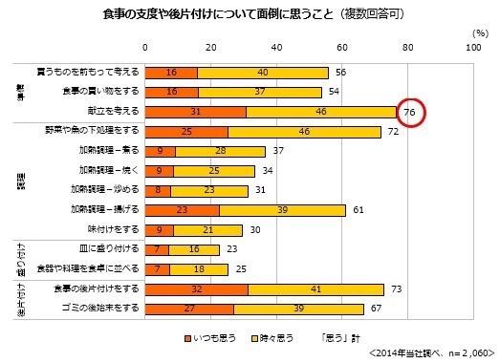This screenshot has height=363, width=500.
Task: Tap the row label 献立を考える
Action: tap(115, 112)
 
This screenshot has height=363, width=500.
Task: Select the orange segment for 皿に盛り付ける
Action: tap(157, 249)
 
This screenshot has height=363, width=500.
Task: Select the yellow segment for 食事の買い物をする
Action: tap(246, 92)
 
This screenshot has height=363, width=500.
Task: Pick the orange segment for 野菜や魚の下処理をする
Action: tap(186, 131)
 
